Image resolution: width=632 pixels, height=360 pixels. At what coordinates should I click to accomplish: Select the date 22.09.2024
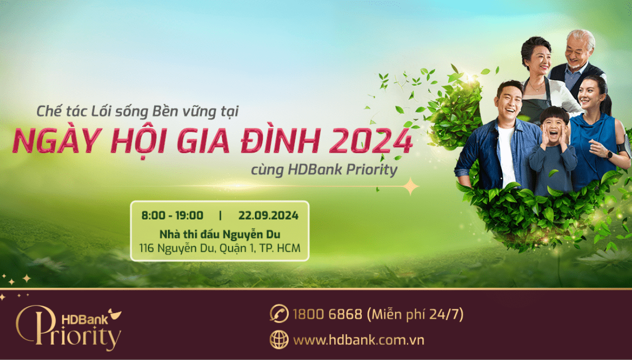coord(268,215)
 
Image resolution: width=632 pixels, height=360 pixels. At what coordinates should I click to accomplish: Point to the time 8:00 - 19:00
coord(172,215)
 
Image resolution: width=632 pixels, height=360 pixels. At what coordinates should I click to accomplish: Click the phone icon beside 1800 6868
coord(279,314)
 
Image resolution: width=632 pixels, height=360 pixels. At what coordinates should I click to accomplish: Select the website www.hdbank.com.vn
coord(358,340)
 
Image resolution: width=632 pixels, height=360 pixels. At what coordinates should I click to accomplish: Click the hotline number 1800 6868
coord(327,315)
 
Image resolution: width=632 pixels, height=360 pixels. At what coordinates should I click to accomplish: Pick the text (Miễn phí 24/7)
coord(416,315)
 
